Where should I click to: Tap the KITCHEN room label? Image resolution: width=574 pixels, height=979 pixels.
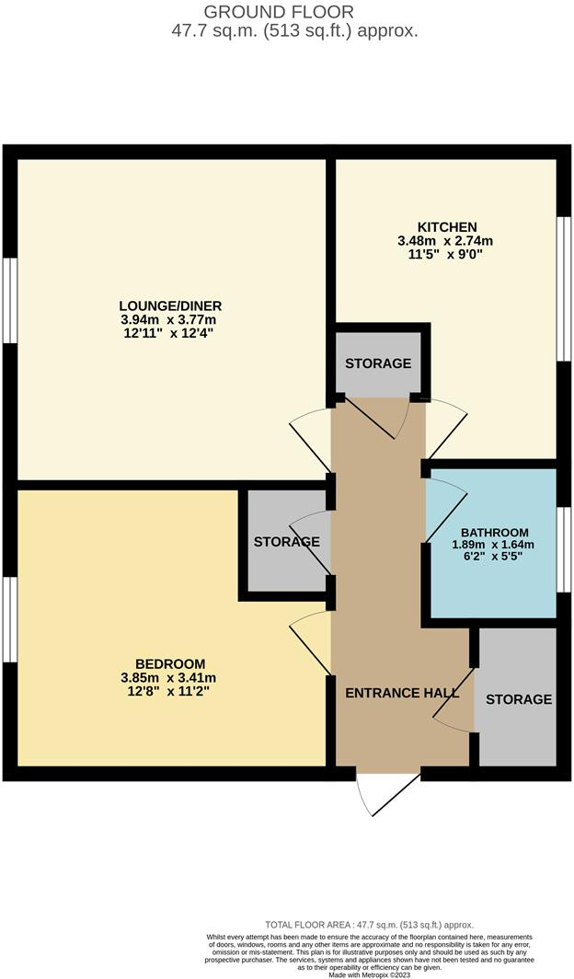point(447,227)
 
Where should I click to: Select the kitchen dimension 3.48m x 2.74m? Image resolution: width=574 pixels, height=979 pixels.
point(447,241)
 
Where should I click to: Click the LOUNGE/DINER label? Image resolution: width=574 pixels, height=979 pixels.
point(170,305)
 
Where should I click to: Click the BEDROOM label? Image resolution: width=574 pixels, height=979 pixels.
point(170,663)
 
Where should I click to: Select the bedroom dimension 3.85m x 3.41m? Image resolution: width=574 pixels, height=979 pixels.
point(170,677)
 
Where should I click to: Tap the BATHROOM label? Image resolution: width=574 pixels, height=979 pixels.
point(495,532)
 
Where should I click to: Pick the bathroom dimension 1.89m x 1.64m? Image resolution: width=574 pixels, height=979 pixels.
point(495,545)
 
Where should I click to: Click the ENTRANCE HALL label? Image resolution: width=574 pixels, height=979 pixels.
point(401,693)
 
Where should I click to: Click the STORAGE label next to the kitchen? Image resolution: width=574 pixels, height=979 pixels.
point(378,363)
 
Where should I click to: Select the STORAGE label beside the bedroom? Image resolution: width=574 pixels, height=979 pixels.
point(286,542)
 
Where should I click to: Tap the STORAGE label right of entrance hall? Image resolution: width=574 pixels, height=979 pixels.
point(519,699)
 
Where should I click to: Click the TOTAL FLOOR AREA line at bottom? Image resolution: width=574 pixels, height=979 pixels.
point(368,925)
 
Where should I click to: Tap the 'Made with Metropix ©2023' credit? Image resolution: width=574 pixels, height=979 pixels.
point(368,973)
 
